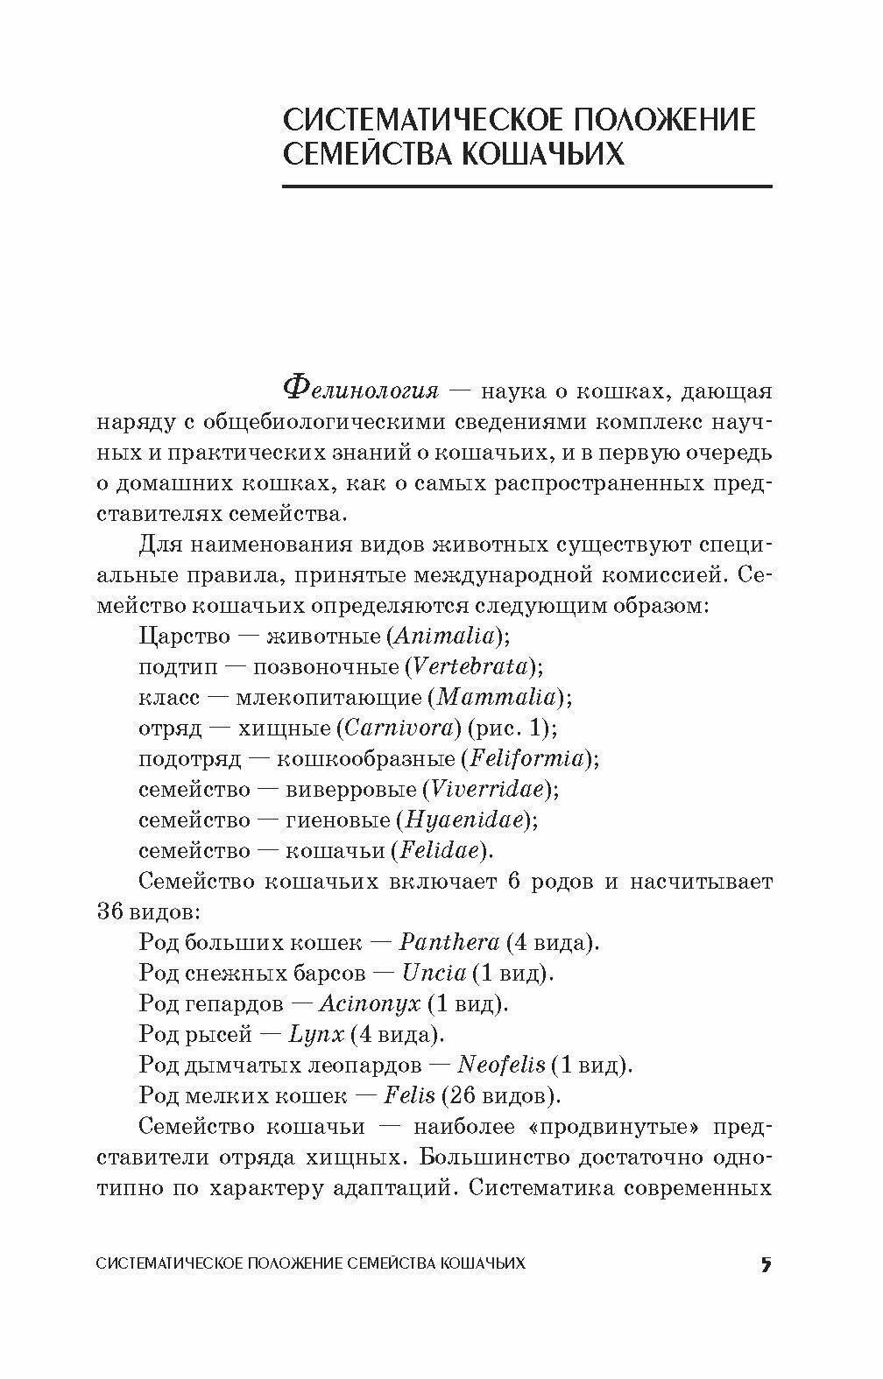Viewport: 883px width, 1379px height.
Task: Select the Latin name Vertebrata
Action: click(x=471, y=666)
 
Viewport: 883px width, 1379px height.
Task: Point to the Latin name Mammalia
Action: click(x=497, y=697)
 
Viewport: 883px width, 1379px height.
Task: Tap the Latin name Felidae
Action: click(x=439, y=850)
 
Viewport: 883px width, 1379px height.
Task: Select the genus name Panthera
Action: click(x=449, y=942)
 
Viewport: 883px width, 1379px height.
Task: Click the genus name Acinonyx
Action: click(x=370, y=1003)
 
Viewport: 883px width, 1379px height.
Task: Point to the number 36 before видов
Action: click(x=111, y=911)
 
